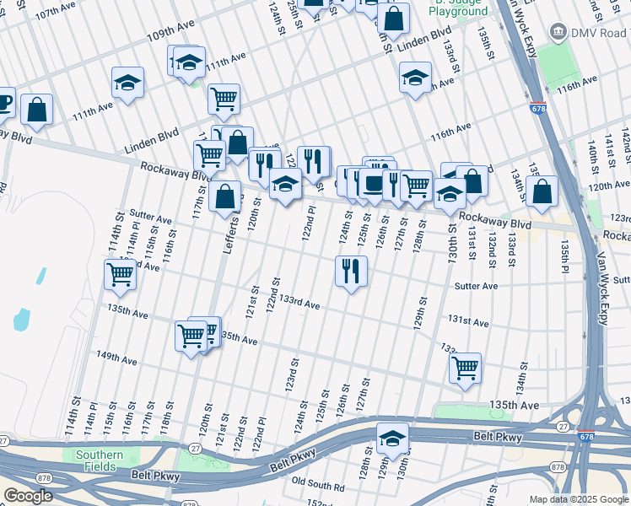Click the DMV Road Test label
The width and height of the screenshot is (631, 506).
599,32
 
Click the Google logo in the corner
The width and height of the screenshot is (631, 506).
28,496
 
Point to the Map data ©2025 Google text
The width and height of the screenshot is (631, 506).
579,499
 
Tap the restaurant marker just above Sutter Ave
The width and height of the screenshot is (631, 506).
350,271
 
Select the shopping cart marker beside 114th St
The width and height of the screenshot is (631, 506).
121,273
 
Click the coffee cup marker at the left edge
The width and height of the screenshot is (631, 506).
4,102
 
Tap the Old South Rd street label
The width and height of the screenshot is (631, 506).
317,487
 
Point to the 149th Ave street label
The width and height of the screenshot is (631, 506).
116,360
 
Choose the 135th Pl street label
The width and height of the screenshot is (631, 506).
564,252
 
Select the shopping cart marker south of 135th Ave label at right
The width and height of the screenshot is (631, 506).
465,368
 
